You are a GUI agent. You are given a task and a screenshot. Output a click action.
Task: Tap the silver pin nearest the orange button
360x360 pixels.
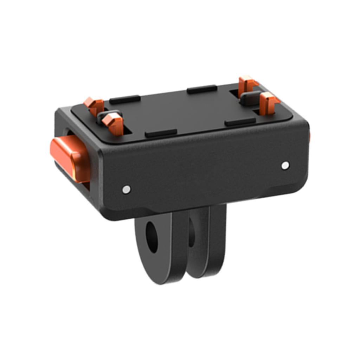point(127,189)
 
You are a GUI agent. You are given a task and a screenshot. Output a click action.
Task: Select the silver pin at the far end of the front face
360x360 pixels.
point(285,165)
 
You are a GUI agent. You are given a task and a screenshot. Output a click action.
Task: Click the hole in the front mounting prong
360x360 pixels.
point(152,237)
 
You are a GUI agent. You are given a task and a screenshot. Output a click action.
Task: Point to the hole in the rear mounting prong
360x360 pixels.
point(192,232)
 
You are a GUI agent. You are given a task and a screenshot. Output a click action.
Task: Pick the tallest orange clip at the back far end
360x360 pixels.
point(247,85)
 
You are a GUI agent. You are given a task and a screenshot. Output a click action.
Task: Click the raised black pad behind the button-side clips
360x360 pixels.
point(125,99)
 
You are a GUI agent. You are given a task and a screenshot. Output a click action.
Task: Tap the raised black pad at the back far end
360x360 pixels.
point(202,89)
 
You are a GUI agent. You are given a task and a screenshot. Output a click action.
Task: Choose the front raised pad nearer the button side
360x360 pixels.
point(161,133)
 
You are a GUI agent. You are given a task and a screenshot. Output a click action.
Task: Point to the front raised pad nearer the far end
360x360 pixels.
point(240,122)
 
